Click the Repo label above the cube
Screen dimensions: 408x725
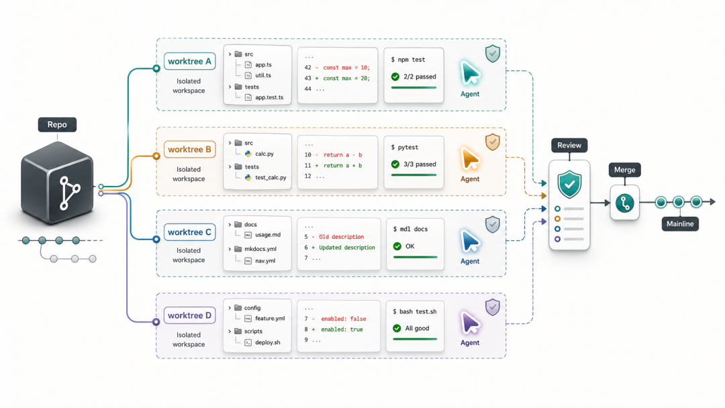click(x=57, y=125)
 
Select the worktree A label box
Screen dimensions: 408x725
click(x=189, y=62)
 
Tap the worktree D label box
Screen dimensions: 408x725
click(x=189, y=315)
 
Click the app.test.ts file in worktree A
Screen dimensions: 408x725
click(x=269, y=97)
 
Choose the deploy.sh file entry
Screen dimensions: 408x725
click(x=267, y=342)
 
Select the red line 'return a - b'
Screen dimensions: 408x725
click(x=342, y=155)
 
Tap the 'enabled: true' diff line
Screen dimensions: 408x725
click(x=342, y=329)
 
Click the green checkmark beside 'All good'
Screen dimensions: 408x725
click(x=397, y=328)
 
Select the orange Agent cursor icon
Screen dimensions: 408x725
click(x=470, y=159)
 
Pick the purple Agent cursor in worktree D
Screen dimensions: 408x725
click(x=470, y=323)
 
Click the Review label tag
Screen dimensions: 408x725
click(x=569, y=145)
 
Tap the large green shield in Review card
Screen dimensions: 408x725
click(x=569, y=184)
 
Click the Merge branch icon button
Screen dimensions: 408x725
click(x=624, y=203)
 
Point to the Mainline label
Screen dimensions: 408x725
click(x=679, y=223)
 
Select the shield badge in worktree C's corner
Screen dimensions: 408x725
click(x=493, y=224)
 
